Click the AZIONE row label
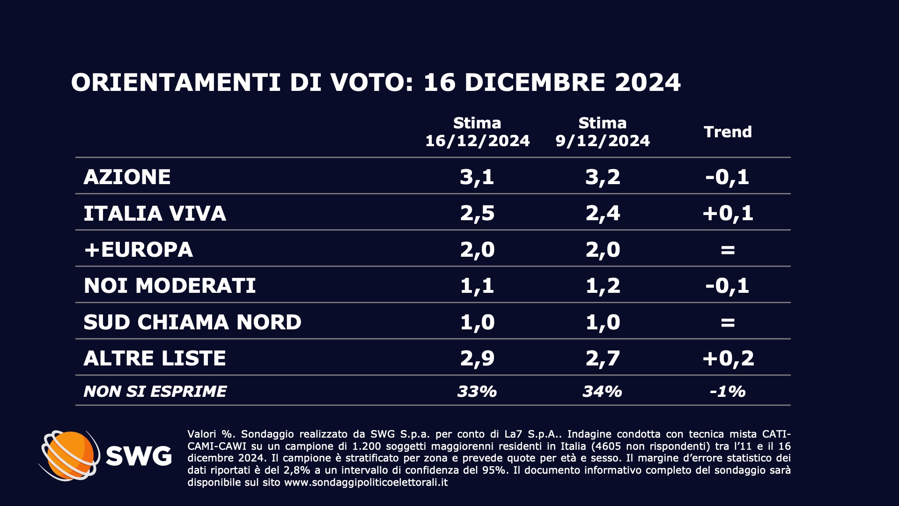[x=127, y=177]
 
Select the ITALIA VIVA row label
[x=155, y=214]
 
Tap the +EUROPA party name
[x=138, y=250]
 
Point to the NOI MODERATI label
[x=169, y=286]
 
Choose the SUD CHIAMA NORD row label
[x=192, y=322]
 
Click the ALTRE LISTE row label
[x=155, y=358]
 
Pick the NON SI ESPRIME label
[x=155, y=391]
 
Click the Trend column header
[x=728, y=132]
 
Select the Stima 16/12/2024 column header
[x=477, y=132]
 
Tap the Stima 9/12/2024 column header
[x=603, y=132]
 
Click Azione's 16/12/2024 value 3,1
[x=477, y=177]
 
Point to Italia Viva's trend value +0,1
[x=728, y=214]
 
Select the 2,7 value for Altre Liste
[x=603, y=358]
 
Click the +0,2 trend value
[x=728, y=358]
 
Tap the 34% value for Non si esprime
[x=602, y=391]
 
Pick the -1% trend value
[x=728, y=391]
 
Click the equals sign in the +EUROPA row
[x=728, y=250]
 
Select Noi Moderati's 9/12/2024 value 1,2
[x=603, y=286]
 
